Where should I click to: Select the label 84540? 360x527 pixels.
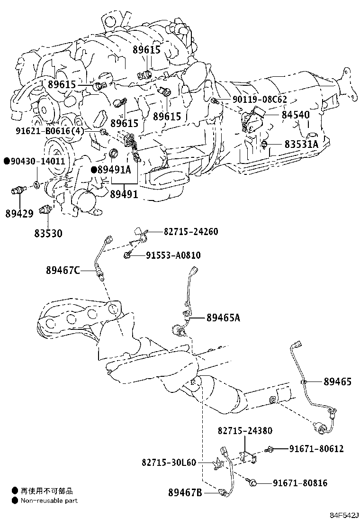click(x=296, y=115)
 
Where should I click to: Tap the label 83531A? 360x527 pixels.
click(x=301, y=144)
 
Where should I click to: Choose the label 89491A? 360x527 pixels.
click(x=114, y=170)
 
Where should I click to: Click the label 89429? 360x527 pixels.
click(x=19, y=214)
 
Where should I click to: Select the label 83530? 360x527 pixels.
click(x=48, y=233)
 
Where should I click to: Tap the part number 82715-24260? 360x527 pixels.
click(x=191, y=232)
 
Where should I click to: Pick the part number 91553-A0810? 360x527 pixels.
click(x=173, y=255)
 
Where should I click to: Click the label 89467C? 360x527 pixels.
click(x=63, y=270)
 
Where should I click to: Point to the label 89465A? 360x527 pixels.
click(x=223, y=318)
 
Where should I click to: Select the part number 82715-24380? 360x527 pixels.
click(x=245, y=431)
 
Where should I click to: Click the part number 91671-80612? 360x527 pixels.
click(x=316, y=449)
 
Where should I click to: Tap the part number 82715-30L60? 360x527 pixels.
click(x=169, y=462)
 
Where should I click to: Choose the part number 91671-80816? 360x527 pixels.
click(x=300, y=483)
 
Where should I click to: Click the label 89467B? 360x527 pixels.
click(x=185, y=493)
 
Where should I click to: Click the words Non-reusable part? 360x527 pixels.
click(x=49, y=500)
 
